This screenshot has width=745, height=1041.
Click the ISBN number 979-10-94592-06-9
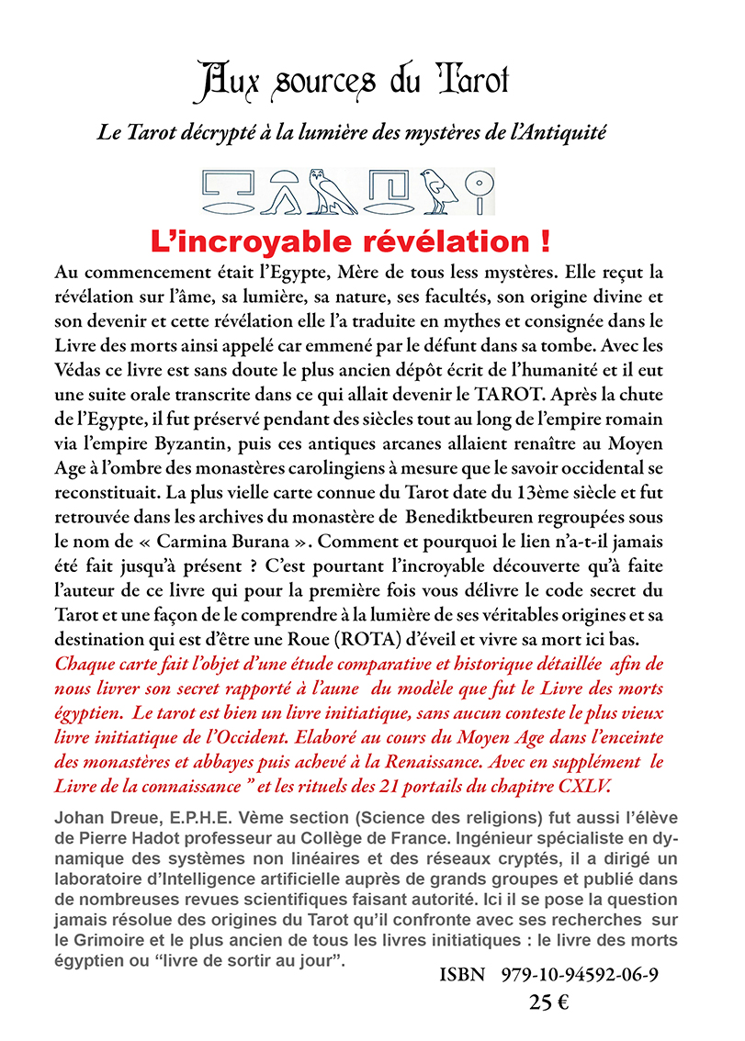pos(580,975)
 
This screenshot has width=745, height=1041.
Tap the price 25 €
pos(549,1002)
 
